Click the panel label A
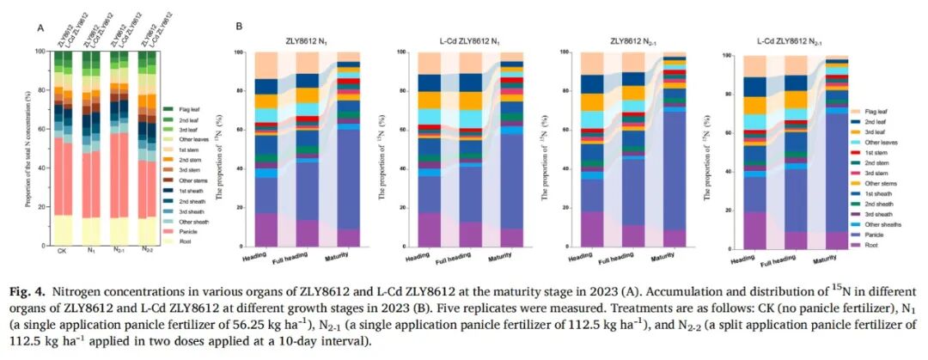40,27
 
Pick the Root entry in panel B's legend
870,244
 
